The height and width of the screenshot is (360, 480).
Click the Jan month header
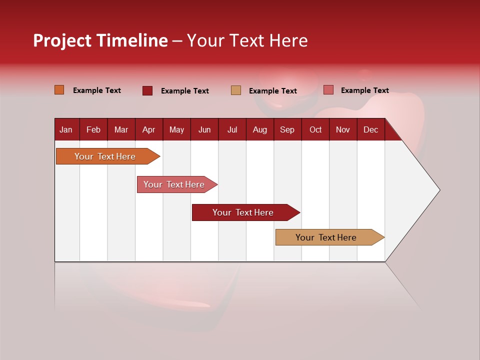[x=66, y=129]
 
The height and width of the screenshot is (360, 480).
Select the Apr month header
[x=148, y=129]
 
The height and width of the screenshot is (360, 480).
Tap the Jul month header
[x=232, y=129]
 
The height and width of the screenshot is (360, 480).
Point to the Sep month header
[x=287, y=129]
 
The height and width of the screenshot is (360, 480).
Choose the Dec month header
[x=370, y=129]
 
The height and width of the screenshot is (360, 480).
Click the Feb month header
[x=93, y=129]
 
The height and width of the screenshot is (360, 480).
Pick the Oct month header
[x=315, y=129]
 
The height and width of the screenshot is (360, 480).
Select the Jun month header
[x=204, y=129]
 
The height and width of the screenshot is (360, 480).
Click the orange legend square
[x=59, y=90]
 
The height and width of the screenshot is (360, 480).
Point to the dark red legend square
[x=147, y=90]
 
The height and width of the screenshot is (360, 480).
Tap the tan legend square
[x=235, y=90]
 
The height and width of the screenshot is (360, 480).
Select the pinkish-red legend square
[x=328, y=90]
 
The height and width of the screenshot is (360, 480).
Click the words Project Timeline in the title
[x=100, y=40]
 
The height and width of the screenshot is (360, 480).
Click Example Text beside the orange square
[x=97, y=90]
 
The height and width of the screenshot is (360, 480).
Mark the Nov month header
[x=343, y=129]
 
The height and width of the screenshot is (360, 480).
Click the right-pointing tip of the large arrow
[x=437, y=190]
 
